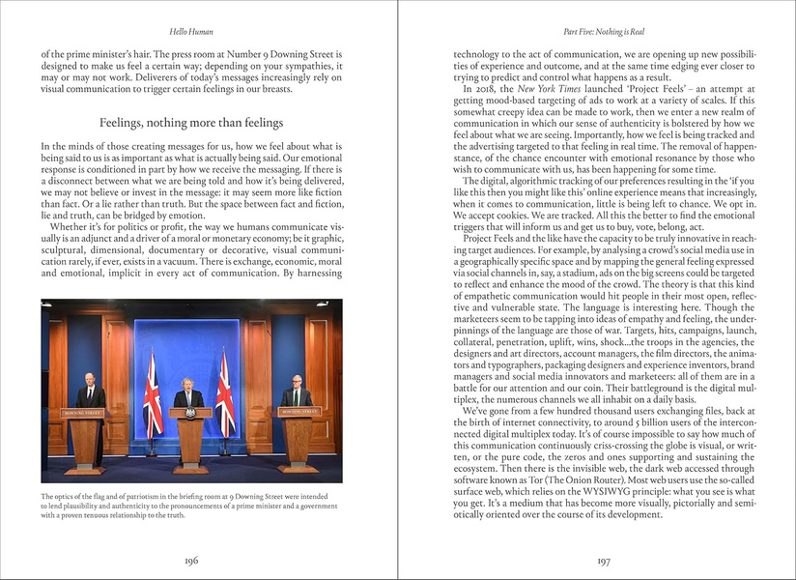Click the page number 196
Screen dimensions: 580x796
(190, 560)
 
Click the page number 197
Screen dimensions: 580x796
(604, 560)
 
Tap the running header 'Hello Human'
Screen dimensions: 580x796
(190, 31)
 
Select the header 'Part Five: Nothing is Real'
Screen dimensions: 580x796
(604, 31)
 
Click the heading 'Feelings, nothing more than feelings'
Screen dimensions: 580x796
(191, 123)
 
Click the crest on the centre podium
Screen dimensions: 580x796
(190, 413)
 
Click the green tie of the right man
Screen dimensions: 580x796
(296, 397)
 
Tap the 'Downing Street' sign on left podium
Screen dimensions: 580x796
(84, 413)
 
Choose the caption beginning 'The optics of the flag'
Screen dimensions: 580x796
(184, 506)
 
